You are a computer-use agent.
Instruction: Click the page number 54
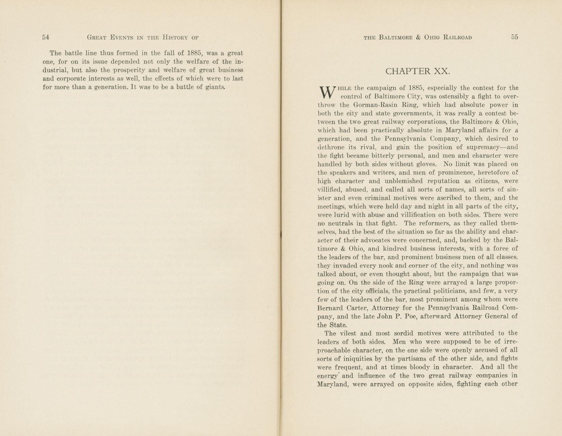point(46,37)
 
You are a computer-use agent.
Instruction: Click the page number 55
point(515,37)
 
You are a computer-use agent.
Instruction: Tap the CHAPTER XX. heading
point(417,71)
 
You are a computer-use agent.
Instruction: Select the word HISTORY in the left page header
point(175,37)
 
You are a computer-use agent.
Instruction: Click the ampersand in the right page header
point(418,37)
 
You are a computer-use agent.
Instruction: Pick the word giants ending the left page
point(215,87)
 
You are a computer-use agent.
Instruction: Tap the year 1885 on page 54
point(194,53)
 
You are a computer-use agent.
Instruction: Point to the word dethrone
point(331,147)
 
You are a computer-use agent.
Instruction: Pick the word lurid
point(339,215)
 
